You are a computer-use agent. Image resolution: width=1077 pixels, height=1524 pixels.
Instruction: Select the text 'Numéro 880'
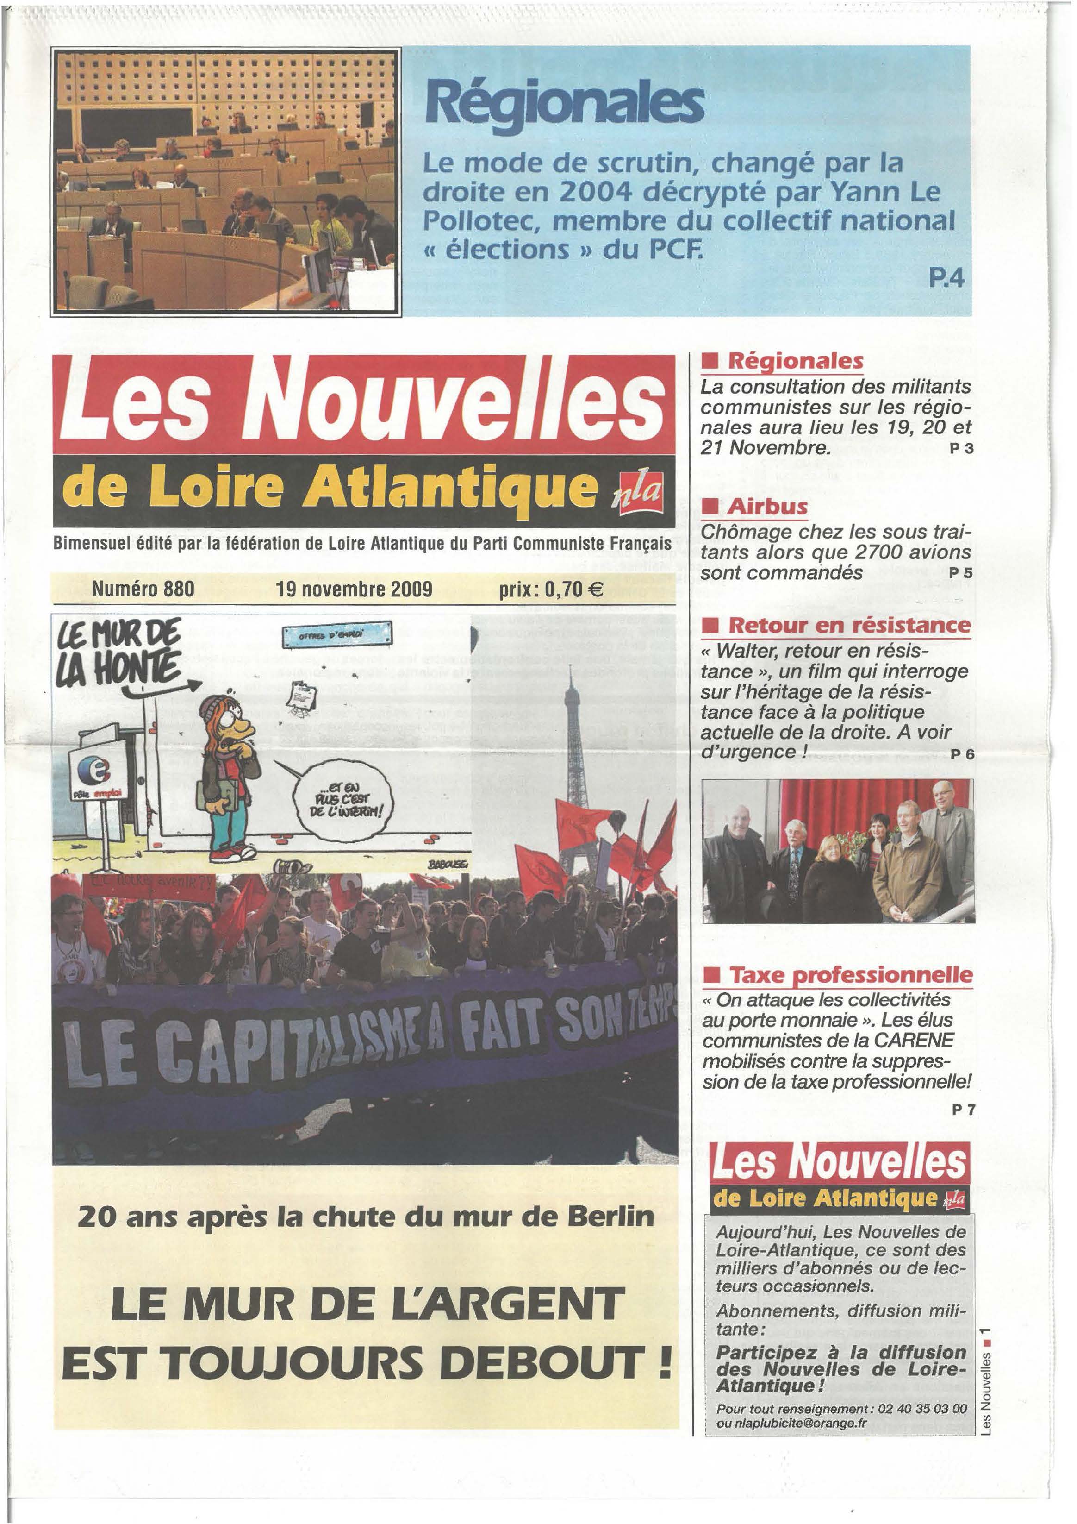point(143,589)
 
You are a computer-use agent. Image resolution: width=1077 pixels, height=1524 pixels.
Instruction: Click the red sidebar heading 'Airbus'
point(767,507)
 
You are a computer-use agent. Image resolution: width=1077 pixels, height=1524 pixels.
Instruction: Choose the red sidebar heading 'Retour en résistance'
point(849,625)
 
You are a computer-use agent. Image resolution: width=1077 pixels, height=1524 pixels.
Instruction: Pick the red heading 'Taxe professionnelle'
point(851,976)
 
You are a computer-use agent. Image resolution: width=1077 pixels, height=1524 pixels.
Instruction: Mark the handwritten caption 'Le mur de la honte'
point(119,652)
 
